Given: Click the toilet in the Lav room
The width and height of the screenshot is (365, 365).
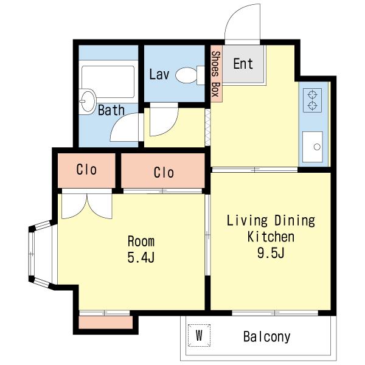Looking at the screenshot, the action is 190,75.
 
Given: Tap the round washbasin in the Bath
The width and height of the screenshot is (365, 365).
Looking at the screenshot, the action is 87,102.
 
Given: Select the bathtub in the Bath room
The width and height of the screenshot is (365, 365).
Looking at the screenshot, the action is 108,82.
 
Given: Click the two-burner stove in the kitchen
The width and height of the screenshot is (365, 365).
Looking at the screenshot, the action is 313,100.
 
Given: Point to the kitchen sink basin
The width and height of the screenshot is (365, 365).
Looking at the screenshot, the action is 313,147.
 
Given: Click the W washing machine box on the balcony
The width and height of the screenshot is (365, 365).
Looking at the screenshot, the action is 199,335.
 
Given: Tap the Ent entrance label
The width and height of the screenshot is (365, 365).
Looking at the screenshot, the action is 243,64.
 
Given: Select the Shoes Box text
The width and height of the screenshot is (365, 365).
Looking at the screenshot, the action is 216,74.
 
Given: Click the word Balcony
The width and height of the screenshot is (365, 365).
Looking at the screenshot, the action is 267,336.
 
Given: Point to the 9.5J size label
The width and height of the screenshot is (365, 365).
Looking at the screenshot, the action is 271,252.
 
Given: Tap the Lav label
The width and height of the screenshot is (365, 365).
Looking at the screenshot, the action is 159,74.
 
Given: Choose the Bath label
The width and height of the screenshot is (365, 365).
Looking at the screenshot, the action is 111,110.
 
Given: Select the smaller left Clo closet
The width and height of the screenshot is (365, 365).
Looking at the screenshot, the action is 86,170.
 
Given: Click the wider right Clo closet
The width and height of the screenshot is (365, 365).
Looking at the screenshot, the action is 163,170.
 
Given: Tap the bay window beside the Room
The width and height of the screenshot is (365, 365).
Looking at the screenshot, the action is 40,254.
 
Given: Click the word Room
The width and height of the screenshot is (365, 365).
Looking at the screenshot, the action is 141,242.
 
